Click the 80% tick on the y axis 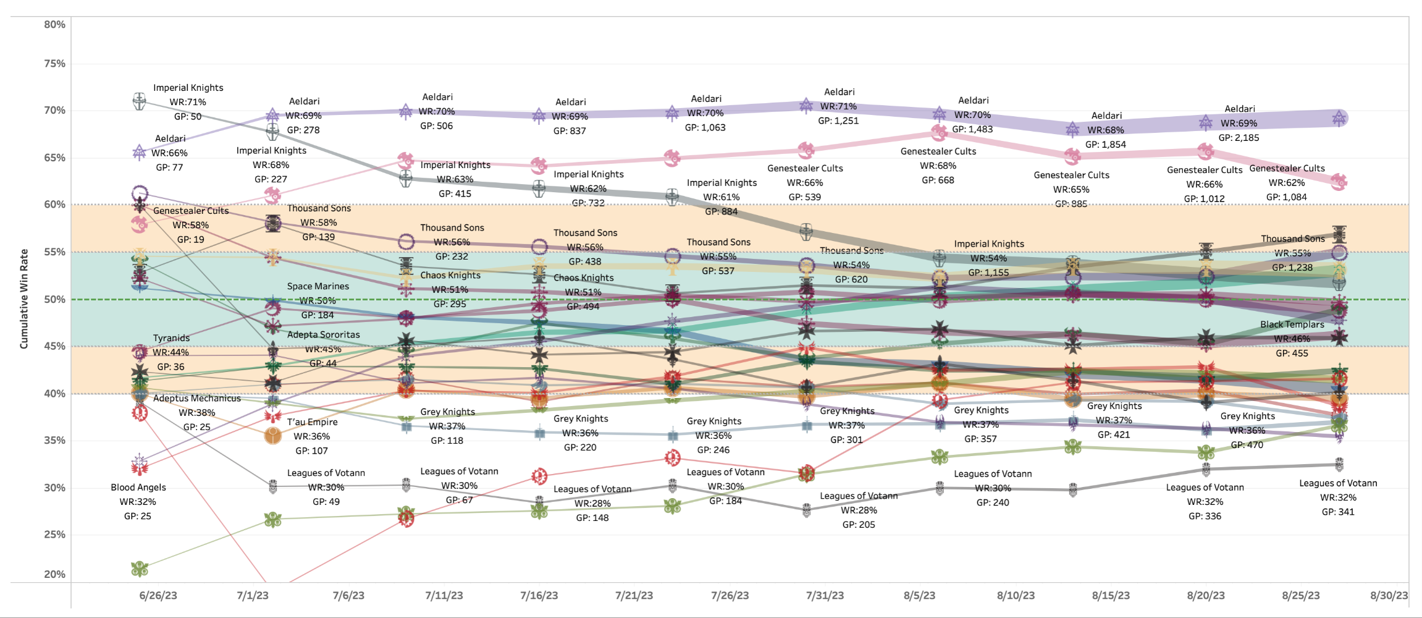click(x=54, y=25)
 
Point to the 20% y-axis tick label click(x=54, y=574)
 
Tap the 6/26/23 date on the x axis click(x=158, y=596)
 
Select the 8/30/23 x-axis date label click(x=1389, y=596)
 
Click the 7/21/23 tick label click(x=634, y=596)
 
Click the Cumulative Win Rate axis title click(x=24, y=299)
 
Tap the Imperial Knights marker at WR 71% click(x=140, y=101)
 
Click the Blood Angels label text click(x=138, y=488)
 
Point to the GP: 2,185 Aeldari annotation click(x=1239, y=138)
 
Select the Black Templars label click(x=1292, y=324)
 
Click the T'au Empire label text click(x=312, y=422)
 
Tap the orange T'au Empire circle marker click(x=272, y=436)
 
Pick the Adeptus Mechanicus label click(x=197, y=399)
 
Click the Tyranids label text click(x=171, y=338)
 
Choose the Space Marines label click(x=318, y=286)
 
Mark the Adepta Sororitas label click(x=323, y=334)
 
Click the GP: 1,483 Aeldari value click(x=972, y=129)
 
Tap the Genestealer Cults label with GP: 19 click(x=191, y=211)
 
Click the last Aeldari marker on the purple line click(x=1339, y=118)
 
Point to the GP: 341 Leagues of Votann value click(x=1338, y=512)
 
